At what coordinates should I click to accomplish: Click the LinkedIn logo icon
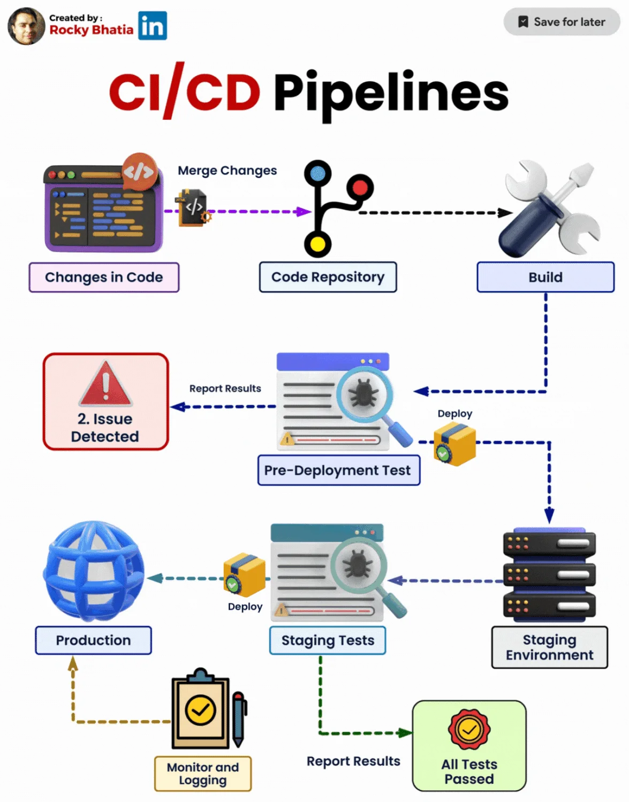tap(153, 26)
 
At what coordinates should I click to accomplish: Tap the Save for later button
tap(562, 22)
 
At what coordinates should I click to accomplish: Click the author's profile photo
tap(26, 26)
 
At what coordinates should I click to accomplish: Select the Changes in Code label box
tap(104, 277)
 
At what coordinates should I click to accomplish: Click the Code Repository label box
tap(328, 277)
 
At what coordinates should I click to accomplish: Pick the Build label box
tap(545, 277)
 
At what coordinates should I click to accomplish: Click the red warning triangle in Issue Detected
tap(105, 383)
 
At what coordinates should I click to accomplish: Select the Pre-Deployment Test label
tap(338, 471)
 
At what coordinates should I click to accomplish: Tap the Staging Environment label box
tap(549, 647)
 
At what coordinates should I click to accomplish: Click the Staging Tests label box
tap(328, 640)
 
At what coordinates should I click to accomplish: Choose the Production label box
tap(93, 640)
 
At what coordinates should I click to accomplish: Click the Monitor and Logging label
tap(202, 774)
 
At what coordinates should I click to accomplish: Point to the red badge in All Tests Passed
tap(469, 729)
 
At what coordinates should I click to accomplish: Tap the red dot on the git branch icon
tap(360, 188)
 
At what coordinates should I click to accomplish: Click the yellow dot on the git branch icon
tap(317, 244)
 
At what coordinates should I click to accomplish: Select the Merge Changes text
tap(227, 171)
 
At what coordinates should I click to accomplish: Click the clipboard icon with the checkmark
tap(200, 710)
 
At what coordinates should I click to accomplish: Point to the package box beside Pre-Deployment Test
tap(454, 443)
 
